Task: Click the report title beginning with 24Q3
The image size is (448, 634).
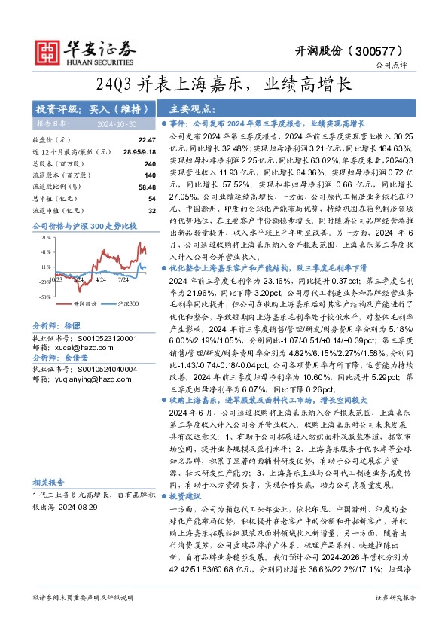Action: (224, 84)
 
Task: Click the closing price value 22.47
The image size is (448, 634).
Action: (126, 140)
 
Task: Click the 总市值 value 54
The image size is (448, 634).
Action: (130, 198)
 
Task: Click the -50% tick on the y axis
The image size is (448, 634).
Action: (45, 296)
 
